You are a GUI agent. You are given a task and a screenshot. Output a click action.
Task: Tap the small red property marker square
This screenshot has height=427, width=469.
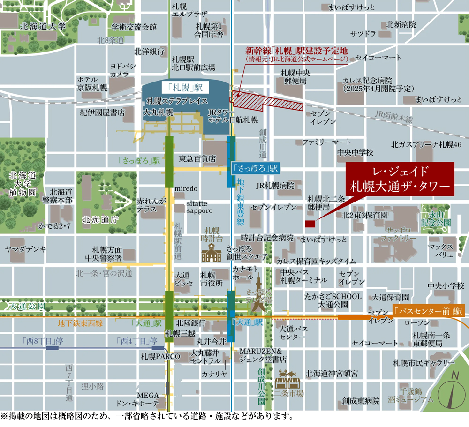[x=310, y=224]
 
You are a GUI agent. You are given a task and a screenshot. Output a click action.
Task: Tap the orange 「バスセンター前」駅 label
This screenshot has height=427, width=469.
[x=428, y=311]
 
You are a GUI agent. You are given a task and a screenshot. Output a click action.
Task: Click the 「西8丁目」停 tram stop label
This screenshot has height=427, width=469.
[x=39, y=341]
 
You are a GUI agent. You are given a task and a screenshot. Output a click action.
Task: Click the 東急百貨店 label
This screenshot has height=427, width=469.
[x=197, y=159]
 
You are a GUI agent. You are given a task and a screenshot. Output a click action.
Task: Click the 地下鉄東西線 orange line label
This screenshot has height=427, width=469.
[x=79, y=323]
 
